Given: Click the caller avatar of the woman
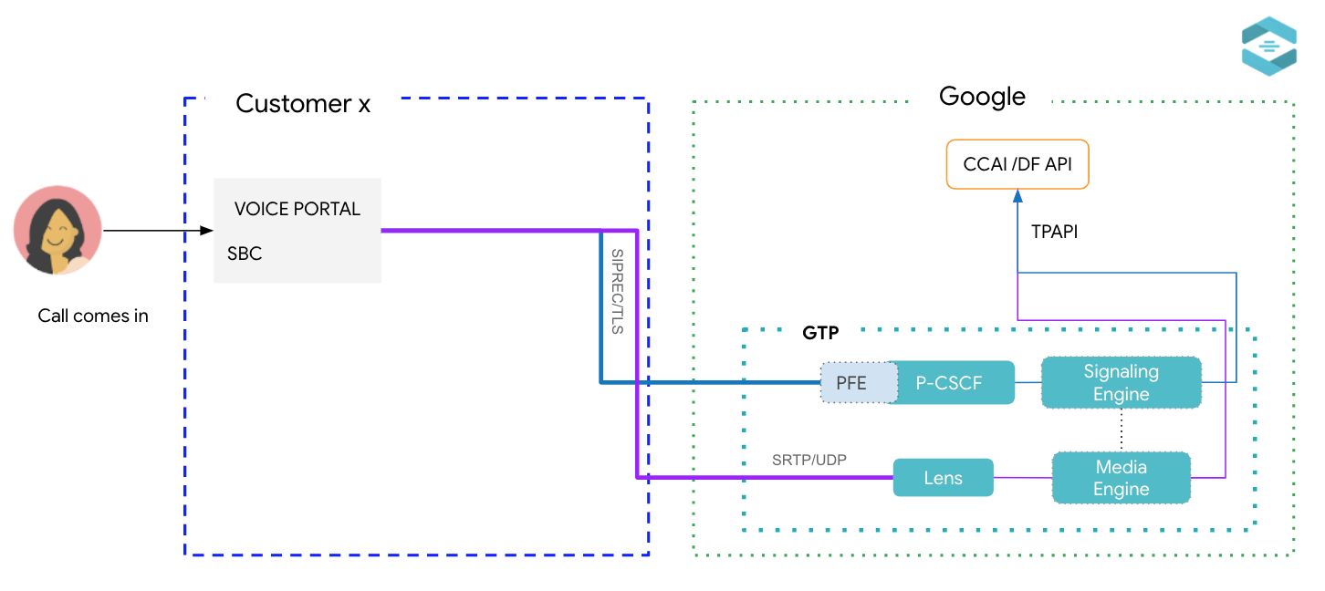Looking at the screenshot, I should (57, 230).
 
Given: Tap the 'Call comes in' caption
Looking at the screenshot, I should (93, 316).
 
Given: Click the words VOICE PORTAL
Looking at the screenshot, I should (297, 209).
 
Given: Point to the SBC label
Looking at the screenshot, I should (245, 254).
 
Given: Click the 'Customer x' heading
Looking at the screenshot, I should (303, 104).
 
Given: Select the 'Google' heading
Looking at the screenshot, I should (982, 97).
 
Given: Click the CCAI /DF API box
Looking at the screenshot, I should (1017, 165).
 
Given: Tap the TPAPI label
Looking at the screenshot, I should (1054, 232).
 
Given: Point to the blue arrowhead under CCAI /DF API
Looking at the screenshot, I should (1017, 195).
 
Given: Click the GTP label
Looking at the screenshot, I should (820, 334).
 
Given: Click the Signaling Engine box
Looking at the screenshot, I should (1121, 383).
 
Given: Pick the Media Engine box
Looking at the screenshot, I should (1121, 478).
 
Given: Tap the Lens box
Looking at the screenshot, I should (943, 478).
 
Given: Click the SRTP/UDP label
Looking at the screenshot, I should (809, 460).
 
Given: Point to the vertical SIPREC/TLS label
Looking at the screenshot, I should (618, 291).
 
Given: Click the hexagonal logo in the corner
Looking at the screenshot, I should (1268, 46).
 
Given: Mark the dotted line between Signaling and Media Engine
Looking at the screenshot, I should (1121, 430).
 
